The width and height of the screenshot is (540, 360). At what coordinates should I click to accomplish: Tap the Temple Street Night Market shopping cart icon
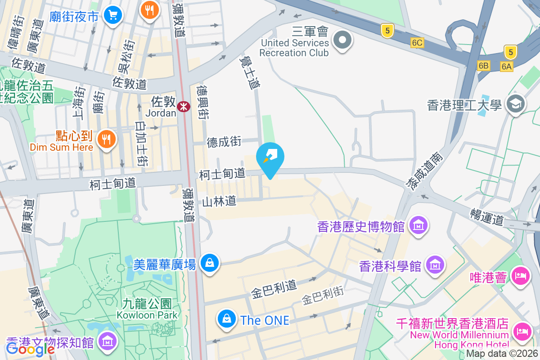pyautogui.click(x=112, y=15)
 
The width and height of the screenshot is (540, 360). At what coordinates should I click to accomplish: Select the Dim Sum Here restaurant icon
pyautogui.click(x=106, y=138)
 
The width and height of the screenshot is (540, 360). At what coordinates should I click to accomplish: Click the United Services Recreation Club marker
pyautogui.click(x=342, y=40)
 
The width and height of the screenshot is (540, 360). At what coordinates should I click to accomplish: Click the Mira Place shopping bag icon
pyautogui.click(x=209, y=262)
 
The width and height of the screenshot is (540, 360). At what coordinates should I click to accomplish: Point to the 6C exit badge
pyautogui.click(x=417, y=43)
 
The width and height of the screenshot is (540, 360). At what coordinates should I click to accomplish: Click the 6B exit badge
pyautogui.click(x=484, y=66)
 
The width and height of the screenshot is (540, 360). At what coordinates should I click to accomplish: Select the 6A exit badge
pyautogui.click(x=507, y=67)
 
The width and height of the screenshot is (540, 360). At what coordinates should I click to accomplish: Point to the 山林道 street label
pyautogui.click(x=219, y=202)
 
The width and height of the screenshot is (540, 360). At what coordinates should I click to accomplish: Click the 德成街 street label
pyautogui.click(x=224, y=142)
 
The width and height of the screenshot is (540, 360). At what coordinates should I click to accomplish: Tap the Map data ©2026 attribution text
pyautogui.click(x=502, y=354)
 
